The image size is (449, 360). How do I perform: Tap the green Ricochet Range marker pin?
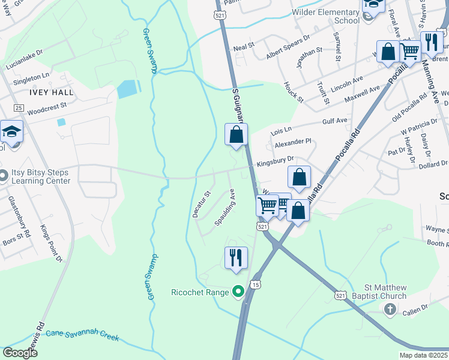[x=238, y=292]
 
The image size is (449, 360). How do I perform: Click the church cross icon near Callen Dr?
[x=390, y=310]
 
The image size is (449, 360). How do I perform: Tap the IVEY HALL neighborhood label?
[x=50, y=92]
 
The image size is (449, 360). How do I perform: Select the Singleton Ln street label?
[x=31, y=76]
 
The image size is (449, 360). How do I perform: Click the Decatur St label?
[x=199, y=204]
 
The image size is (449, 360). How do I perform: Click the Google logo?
[x=20, y=353]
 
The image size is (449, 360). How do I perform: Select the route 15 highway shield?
[x=256, y=284]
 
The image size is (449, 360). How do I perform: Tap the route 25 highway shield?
[x=19, y=108]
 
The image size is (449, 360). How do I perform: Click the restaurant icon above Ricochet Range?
[x=236, y=257]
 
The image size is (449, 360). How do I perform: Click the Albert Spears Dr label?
[x=288, y=37]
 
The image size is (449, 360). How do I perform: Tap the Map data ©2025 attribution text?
[x=423, y=355]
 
